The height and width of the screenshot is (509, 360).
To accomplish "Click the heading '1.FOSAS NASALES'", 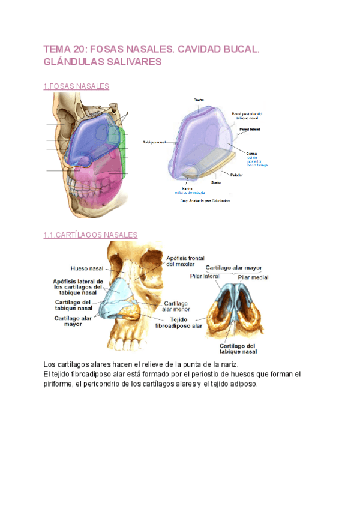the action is coord(76,86).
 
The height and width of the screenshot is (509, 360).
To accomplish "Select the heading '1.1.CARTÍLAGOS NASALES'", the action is coord(91,235).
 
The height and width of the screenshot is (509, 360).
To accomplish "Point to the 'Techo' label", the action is coord(199,99).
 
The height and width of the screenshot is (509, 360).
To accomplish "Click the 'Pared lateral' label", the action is coord(250,129).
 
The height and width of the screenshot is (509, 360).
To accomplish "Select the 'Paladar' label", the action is coord(236,175).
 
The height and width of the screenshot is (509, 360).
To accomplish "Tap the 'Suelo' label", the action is coord(215,182).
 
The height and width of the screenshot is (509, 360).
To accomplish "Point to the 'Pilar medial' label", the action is coord(253,277).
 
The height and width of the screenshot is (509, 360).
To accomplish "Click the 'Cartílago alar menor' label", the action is coord(178,306).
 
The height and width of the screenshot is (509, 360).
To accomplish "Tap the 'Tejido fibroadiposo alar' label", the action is coord(179,322).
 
